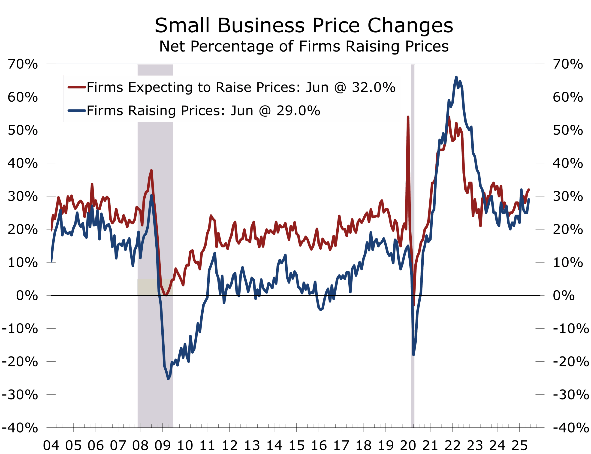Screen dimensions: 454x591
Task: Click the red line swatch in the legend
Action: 77,87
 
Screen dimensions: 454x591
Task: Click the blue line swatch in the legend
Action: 77,111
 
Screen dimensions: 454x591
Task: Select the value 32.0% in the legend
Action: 373,87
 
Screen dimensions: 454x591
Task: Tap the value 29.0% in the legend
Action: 298,111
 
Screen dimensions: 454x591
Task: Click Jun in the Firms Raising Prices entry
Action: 241,111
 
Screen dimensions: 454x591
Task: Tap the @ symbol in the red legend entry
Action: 340,88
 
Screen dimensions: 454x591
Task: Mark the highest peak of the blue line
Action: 456,77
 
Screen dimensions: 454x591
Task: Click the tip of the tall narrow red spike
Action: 408,117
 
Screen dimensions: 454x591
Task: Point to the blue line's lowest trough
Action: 168,379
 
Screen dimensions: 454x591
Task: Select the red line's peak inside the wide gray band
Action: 151,170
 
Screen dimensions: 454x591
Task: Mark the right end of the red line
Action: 529,189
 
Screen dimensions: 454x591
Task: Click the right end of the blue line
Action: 529,199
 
